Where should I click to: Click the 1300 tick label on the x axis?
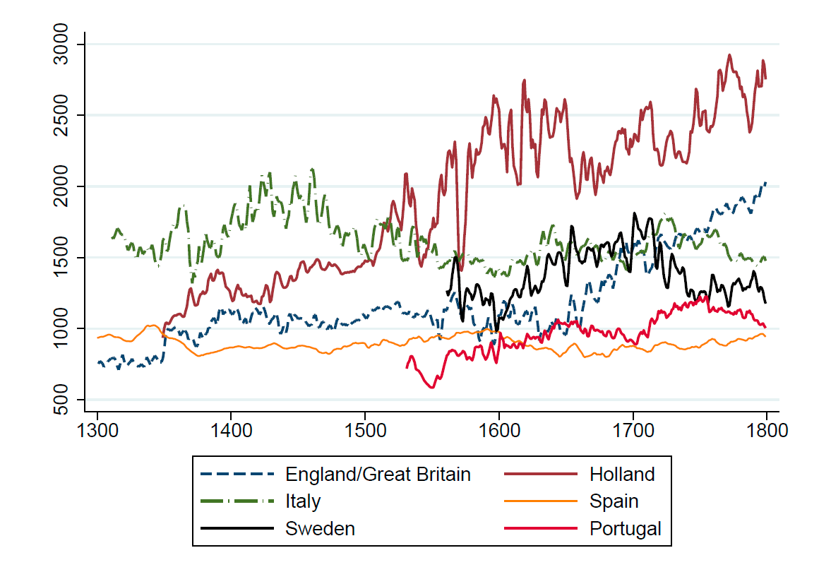(x=97, y=430)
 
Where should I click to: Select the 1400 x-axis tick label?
(x=232, y=430)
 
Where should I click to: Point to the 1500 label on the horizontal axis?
(x=365, y=430)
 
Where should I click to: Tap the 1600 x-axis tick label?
(x=499, y=430)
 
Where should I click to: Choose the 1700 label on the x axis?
(x=633, y=430)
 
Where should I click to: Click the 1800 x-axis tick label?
(x=767, y=430)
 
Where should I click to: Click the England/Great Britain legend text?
(x=378, y=474)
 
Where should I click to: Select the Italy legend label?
(x=303, y=501)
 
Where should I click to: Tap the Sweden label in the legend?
(x=320, y=528)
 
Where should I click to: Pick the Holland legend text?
(x=622, y=474)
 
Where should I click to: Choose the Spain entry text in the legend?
(x=614, y=501)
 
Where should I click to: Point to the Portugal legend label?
(x=626, y=528)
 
